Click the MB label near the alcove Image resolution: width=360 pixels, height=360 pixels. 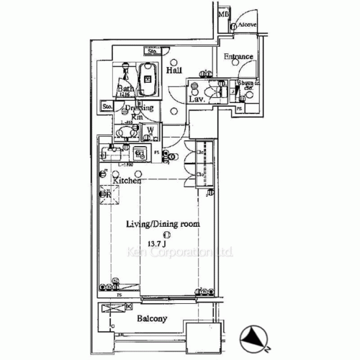click(223, 14)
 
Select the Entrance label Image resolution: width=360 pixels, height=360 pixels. click(238, 57)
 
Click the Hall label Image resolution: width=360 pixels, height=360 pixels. click(174, 71)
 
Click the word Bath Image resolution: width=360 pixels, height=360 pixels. click(125, 89)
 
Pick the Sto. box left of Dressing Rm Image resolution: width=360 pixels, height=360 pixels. click(107, 107)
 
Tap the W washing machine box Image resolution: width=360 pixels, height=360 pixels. click(150, 132)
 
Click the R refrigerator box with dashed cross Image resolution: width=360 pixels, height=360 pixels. click(105, 195)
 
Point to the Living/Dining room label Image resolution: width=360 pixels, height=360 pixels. click(163, 225)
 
